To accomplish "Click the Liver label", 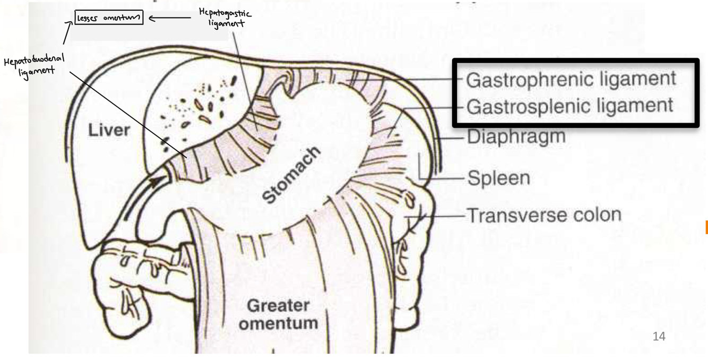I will tap(108, 131).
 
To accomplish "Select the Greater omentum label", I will tap(278, 314).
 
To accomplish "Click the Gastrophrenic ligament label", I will tap(571, 79).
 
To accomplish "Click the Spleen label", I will tap(498, 177).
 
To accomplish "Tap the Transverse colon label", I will tap(543, 216).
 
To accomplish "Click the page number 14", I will tap(659, 336).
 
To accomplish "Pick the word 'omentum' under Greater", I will tap(278, 323).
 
